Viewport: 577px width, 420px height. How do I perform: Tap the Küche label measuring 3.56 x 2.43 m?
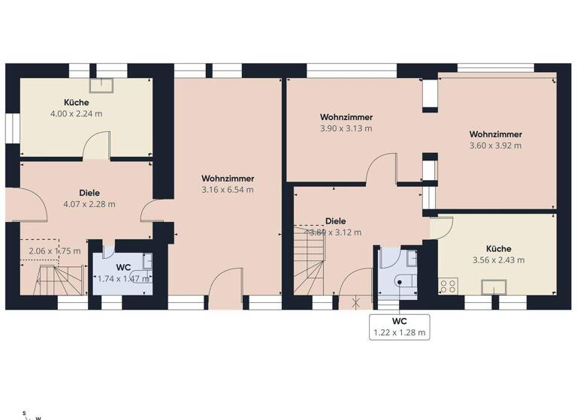click(x=498, y=254)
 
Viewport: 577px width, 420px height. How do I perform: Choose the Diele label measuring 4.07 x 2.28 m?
click(x=89, y=198)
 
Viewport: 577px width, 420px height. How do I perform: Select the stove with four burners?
click(x=449, y=286)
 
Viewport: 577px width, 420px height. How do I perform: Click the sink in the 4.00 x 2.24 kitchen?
click(x=101, y=86)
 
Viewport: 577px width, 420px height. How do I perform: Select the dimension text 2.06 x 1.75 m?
click(x=54, y=251)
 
